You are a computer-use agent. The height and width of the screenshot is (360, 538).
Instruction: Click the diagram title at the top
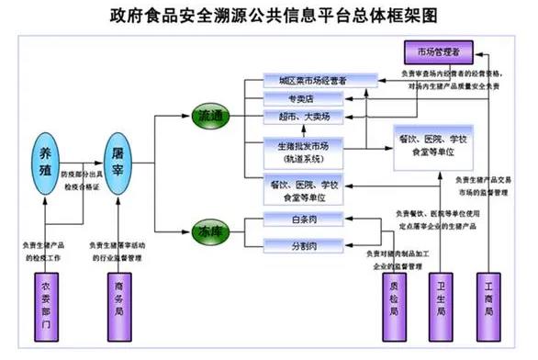pyautogui.click(x=269, y=16)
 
